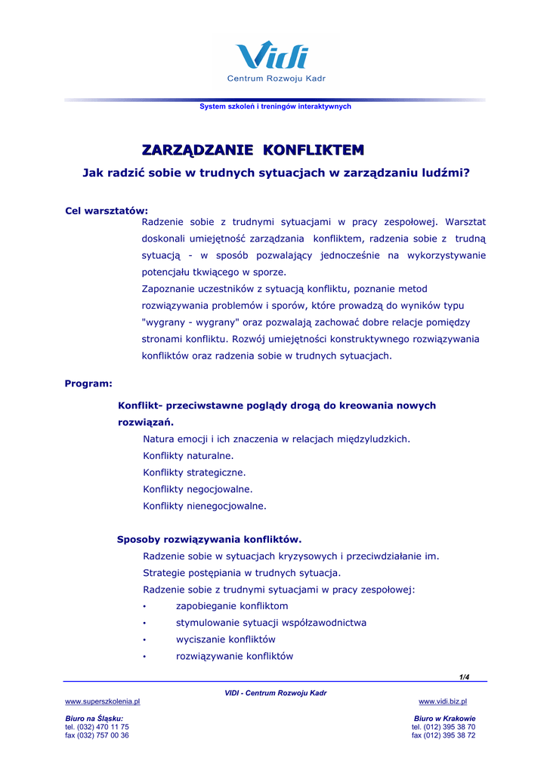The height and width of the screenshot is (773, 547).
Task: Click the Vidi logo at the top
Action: (x=273, y=57)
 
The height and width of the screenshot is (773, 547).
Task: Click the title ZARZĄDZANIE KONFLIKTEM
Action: (x=253, y=149)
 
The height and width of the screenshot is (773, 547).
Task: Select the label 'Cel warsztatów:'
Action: (x=107, y=211)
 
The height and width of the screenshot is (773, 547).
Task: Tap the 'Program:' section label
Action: (x=88, y=383)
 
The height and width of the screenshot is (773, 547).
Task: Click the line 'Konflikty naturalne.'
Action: (x=188, y=456)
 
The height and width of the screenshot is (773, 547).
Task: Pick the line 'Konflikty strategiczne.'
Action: (x=194, y=473)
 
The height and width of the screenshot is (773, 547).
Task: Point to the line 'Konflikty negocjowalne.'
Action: (x=197, y=489)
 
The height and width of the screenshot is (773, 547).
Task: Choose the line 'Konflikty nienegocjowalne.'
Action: (x=204, y=506)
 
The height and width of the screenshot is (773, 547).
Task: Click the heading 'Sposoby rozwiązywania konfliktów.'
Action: (x=209, y=539)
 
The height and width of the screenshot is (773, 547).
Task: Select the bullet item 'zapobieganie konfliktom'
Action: (x=231, y=606)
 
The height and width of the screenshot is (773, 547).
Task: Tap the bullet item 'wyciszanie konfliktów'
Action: (x=225, y=639)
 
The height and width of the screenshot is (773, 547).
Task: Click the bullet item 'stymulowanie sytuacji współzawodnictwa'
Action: (x=270, y=623)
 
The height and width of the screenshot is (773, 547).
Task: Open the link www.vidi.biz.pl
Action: (x=443, y=701)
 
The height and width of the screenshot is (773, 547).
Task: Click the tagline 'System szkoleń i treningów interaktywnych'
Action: (x=275, y=107)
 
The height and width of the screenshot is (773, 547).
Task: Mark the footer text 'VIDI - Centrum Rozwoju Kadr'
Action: (x=276, y=693)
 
